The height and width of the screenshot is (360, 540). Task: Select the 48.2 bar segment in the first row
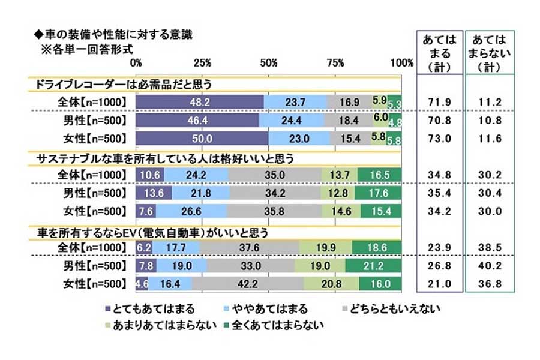(x=199, y=103)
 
